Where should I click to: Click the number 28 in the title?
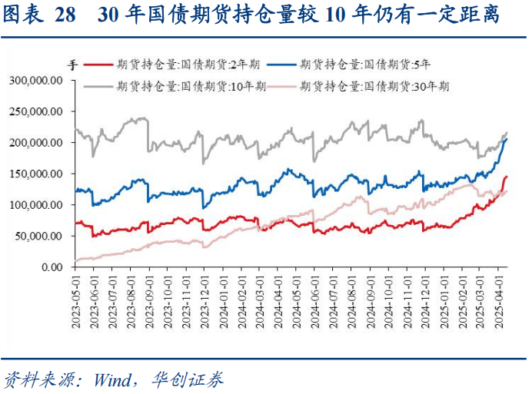tap(66, 16)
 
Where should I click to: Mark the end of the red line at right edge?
tap(506, 177)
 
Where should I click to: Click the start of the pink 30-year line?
tap(75, 261)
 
